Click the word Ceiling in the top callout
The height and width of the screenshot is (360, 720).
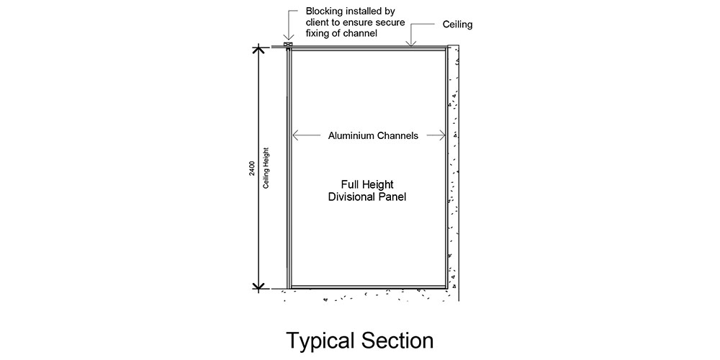457,24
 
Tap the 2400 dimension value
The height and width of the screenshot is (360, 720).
251,168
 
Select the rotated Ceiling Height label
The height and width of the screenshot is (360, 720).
266,168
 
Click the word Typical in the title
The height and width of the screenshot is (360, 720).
320,341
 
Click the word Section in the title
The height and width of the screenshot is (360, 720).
397,341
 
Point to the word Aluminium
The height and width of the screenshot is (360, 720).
351,136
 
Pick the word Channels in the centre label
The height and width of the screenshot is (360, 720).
397,136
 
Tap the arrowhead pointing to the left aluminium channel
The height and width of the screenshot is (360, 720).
296,135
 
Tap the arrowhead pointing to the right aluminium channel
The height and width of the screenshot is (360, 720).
442,135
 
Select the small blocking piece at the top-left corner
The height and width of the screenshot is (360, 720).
288,45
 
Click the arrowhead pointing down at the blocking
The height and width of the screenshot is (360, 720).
288,38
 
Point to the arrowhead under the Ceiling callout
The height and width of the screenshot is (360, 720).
411,42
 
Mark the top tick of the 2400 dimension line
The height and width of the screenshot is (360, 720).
259,47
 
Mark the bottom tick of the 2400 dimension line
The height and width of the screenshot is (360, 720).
259,289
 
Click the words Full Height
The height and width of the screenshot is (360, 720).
367,184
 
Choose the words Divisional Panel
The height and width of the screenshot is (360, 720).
367,197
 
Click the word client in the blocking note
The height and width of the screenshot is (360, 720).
316,22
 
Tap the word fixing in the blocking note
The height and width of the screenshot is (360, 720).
317,34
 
